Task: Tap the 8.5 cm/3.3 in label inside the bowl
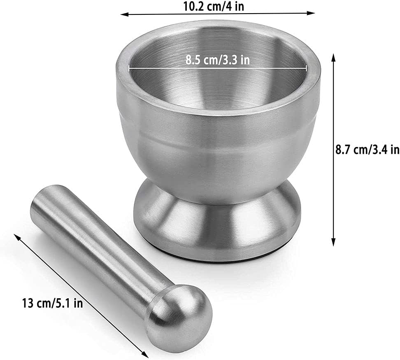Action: pyautogui.click(x=217, y=60)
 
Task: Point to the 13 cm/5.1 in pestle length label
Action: pyautogui.click(x=53, y=304)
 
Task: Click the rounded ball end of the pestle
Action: pyautogui.click(x=181, y=315)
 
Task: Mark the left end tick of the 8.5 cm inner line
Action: pyautogui.click(x=129, y=68)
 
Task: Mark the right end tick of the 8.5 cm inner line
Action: pyautogui.click(x=307, y=68)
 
